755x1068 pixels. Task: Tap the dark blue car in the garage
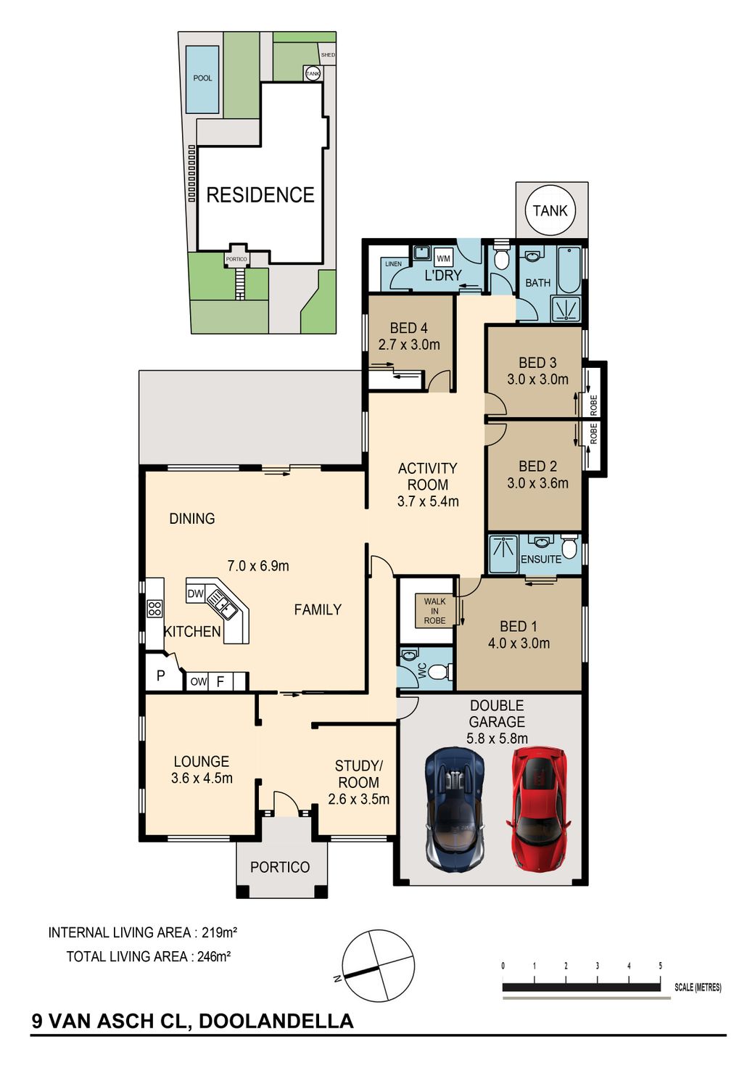point(455,809)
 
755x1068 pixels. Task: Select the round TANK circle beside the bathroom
point(550,210)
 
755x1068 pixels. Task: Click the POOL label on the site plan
point(202,78)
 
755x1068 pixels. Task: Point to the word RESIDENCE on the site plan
point(260,195)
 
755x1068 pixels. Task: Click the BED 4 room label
point(408,328)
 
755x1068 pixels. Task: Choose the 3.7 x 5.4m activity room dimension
point(428,501)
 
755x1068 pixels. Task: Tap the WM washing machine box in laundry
point(443,259)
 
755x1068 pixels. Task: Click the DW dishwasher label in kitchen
point(195,593)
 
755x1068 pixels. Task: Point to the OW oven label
point(198,682)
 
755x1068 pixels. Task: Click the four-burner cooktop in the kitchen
point(154,609)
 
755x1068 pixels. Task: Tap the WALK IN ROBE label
point(434,611)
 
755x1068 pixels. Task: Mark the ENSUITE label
point(541,559)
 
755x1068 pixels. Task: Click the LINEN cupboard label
point(393,263)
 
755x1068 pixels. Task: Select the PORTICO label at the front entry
point(280,867)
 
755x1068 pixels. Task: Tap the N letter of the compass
point(337,979)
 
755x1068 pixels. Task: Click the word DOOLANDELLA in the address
point(276,1020)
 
